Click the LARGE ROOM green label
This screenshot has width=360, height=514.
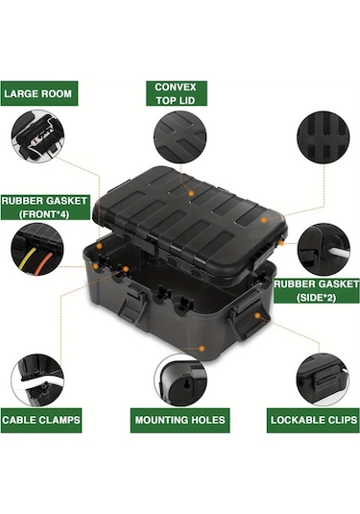click(x=39, y=93)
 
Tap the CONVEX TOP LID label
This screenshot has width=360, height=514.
click(x=177, y=93)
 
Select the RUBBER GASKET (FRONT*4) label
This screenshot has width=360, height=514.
click(x=45, y=208)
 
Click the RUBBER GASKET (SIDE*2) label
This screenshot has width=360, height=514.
click(x=316, y=291)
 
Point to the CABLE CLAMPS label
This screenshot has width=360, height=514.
click(x=41, y=420)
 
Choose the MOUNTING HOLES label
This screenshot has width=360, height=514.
click(x=180, y=420)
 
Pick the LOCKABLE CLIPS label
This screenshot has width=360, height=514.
click(x=313, y=420)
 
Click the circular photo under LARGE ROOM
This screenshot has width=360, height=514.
click(x=37, y=136)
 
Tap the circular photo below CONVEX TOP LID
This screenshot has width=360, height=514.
click(x=180, y=137)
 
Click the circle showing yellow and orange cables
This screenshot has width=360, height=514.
click(x=37, y=250)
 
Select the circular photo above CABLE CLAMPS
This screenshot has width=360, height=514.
click(x=37, y=379)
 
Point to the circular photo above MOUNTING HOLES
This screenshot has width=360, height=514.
click(x=180, y=379)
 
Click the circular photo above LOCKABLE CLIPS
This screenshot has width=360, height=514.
click(x=323, y=379)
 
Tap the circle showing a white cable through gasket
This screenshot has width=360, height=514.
click(x=324, y=250)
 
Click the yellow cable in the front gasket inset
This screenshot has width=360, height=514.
click(x=27, y=259)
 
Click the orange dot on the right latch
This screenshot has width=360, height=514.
click(x=257, y=316)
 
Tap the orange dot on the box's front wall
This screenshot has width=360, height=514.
click(x=202, y=349)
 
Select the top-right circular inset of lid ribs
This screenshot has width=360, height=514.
click(x=324, y=137)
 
